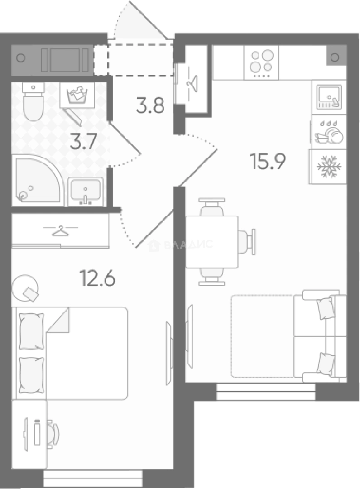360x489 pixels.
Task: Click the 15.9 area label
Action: click(268, 162)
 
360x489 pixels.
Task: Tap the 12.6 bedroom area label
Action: click(98, 278)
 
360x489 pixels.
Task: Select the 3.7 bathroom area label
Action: click(83, 141)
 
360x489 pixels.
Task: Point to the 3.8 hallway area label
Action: click(150, 105)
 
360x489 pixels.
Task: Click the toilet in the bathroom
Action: click(33, 101)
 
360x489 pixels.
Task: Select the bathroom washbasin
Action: click(86, 191)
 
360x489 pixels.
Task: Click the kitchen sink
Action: click(329, 97)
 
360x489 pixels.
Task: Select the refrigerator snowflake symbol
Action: click(329, 166)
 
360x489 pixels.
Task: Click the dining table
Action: click(212, 242)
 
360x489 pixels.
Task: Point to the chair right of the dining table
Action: click(247, 242)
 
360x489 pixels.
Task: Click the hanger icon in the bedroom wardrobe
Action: click(60, 231)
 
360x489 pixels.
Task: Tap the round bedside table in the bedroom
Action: click(25, 288)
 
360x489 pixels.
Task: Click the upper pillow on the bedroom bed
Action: click(31, 331)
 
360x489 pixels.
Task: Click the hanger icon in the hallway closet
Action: click(192, 82)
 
